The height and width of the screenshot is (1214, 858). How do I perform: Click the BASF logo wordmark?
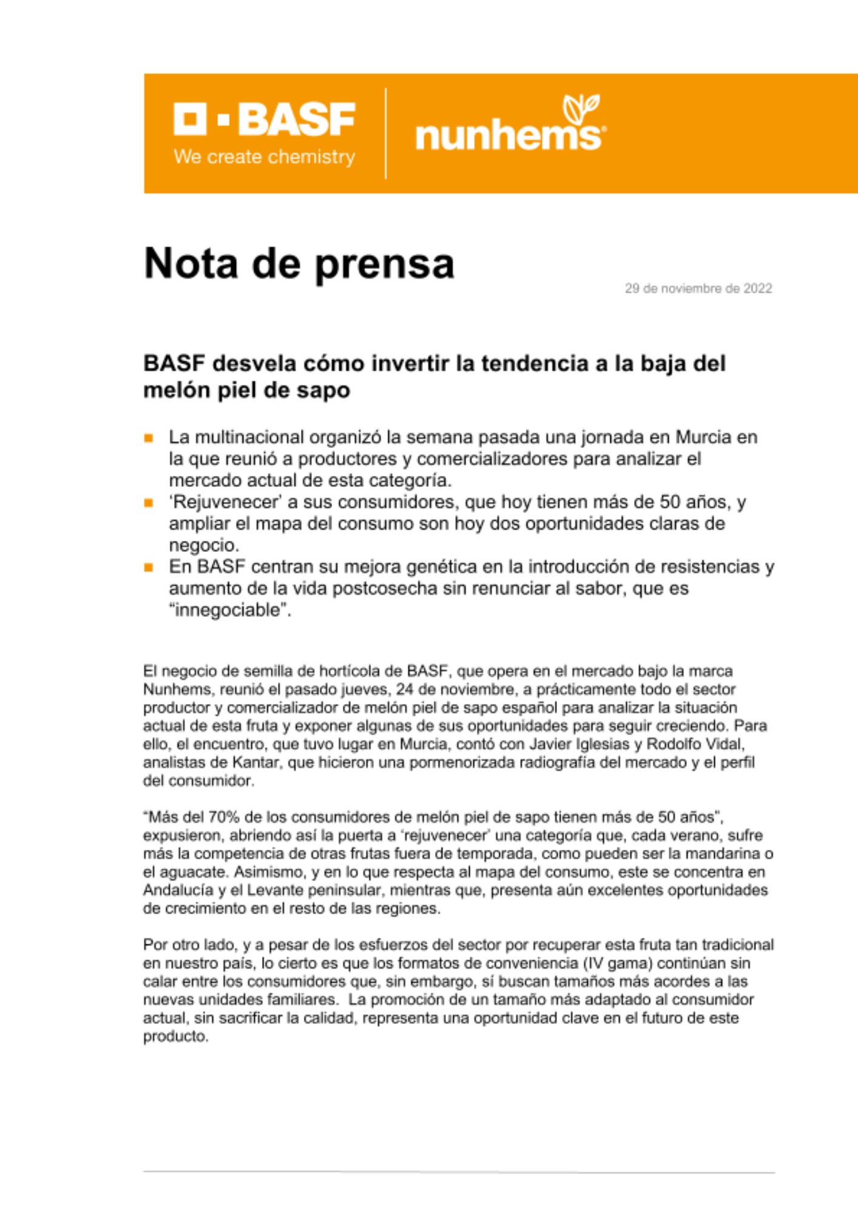point(265,119)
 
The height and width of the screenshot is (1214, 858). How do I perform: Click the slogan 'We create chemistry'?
point(265,157)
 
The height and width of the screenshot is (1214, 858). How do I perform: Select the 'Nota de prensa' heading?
point(299,263)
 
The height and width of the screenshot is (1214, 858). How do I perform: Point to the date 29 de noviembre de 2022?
point(698,288)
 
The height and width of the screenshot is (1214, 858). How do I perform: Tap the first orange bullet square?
point(149,438)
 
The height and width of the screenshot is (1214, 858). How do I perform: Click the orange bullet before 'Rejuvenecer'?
point(149,503)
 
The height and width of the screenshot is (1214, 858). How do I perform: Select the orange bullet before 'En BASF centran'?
point(149,568)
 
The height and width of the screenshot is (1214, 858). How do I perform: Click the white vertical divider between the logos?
point(386,134)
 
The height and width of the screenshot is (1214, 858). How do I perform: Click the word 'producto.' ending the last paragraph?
point(175,1037)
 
